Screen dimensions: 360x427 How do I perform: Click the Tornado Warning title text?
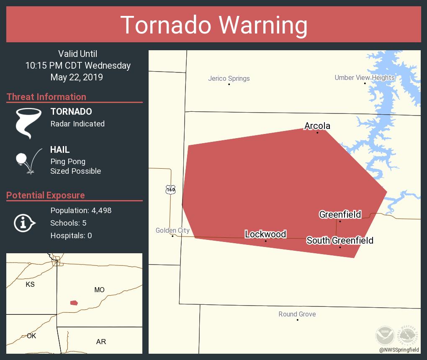[x=213, y=25]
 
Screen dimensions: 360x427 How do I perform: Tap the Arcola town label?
[x=317, y=126]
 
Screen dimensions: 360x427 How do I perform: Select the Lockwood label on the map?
[x=265, y=234]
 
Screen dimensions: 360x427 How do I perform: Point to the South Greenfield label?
[x=340, y=240]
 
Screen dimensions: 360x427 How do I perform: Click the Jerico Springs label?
[x=229, y=78]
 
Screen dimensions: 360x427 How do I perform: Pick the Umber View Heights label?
[x=364, y=77]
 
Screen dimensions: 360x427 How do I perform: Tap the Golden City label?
[x=172, y=230]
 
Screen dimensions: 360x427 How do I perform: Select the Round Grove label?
[x=297, y=314]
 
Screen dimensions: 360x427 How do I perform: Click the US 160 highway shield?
[x=170, y=190]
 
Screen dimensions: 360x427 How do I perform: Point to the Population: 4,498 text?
[x=81, y=211]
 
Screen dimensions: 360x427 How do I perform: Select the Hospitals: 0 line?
[x=71, y=236]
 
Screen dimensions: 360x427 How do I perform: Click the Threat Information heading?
[x=46, y=97]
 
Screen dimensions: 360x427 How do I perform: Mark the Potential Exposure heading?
[x=46, y=195]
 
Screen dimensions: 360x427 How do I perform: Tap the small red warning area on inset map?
[x=74, y=303]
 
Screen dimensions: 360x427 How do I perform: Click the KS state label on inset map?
[x=30, y=285]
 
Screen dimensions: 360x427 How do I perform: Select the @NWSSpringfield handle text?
[x=399, y=350]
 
